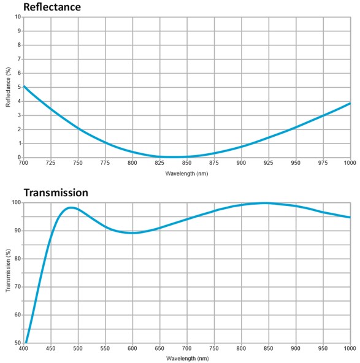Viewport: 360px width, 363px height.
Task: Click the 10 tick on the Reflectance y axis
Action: point(17,17)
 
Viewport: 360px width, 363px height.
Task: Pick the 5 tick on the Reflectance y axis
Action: point(18,87)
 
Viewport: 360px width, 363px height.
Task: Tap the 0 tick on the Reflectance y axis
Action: point(18,158)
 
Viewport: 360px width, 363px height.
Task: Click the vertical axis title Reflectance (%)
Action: point(9,86)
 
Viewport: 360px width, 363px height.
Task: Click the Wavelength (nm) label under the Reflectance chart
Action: point(186,174)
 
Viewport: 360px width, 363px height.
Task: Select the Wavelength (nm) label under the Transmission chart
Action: point(186,358)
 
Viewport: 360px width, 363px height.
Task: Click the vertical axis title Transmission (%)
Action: point(9,272)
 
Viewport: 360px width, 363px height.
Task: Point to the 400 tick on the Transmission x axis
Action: point(24,348)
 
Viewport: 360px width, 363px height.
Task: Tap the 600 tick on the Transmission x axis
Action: point(132,348)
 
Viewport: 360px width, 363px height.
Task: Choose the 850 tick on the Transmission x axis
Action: point(269,348)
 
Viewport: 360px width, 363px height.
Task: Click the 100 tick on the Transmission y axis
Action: point(15,202)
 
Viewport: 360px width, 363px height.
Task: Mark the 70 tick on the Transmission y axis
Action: point(17,286)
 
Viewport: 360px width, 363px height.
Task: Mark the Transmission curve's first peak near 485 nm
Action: point(71,207)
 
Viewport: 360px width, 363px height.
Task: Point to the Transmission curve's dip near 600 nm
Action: point(132,232)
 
